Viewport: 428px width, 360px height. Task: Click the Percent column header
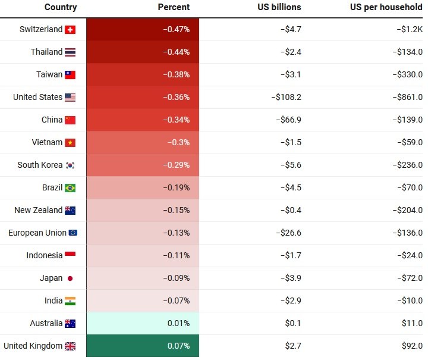point(174,7)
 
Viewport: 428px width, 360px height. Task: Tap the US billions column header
point(280,7)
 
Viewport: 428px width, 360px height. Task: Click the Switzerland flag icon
point(70,30)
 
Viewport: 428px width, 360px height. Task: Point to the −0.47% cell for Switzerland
point(176,29)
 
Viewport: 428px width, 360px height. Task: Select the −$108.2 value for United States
point(287,97)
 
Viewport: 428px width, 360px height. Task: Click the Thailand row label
point(46,52)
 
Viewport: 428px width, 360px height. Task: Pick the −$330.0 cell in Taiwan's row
point(407,74)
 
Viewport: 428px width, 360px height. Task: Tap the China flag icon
point(70,120)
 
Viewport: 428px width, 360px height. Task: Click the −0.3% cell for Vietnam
point(178,142)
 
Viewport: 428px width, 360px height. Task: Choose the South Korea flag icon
point(70,165)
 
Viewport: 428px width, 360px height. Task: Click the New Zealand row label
point(39,210)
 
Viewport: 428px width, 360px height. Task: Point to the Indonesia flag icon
point(70,255)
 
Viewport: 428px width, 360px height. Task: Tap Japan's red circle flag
point(70,278)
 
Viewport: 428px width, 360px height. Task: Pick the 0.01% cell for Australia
point(179,323)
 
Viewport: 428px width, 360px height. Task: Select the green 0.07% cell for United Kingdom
point(179,346)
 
